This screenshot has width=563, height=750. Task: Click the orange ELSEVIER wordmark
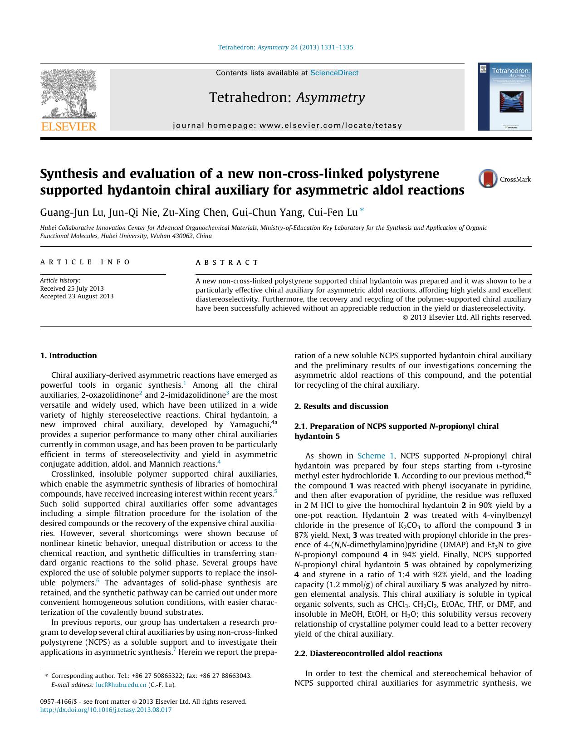[69, 127]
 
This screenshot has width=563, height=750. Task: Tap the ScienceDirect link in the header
[334, 73]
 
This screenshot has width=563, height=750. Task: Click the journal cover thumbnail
[504, 97]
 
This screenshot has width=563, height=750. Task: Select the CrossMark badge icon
[488, 179]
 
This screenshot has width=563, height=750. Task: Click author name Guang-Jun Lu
[72, 212]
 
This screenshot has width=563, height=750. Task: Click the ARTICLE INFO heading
[85, 262]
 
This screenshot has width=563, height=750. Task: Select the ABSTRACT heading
[227, 263]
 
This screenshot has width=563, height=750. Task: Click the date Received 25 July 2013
[72, 288]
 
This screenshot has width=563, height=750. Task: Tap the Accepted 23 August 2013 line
[77, 296]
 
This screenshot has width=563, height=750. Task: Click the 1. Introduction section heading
[69, 356]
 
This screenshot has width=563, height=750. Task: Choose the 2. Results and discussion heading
[341, 406]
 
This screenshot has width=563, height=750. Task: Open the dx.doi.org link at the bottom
[106, 710]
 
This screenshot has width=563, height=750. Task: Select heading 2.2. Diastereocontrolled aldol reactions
[368, 653]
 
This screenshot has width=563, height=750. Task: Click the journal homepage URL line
[287, 126]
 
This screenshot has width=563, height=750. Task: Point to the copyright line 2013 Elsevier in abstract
[467, 317]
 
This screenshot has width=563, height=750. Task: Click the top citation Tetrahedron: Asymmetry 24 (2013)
[285, 47]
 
